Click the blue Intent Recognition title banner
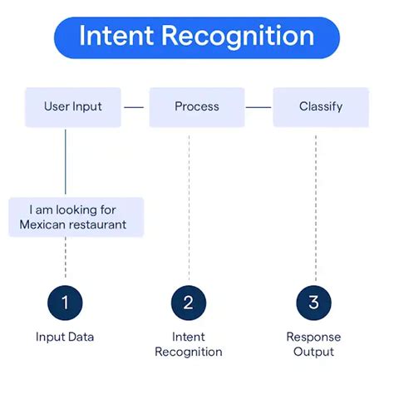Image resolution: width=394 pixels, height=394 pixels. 197,37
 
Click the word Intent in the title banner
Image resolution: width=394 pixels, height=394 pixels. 116,37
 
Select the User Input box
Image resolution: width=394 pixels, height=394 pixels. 72,107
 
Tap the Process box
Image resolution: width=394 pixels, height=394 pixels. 197,107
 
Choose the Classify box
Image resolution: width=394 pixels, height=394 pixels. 320,107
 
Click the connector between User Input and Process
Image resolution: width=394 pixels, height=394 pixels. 135,107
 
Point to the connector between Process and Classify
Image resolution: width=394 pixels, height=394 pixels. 259,107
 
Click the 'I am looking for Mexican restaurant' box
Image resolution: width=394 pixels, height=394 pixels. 76,217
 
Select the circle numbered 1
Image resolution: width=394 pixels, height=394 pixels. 65,303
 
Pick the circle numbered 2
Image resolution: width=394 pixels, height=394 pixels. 189,303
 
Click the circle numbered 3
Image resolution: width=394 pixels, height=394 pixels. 313,303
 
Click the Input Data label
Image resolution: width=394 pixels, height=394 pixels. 65,337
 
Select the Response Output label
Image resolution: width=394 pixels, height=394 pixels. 313,344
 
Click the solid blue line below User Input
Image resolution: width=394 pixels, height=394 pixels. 65,162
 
